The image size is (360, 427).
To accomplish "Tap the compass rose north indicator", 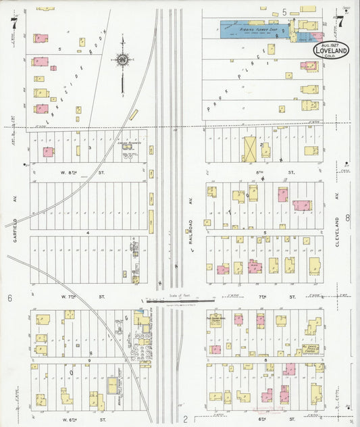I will [x=122, y=61].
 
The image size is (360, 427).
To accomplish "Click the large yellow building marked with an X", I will [x=251, y=149].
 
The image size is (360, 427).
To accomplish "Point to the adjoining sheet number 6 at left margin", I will [x=10, y=298].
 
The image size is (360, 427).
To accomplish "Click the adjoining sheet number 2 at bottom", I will [x=184, y=419].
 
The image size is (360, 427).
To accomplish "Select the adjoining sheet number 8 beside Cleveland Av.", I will [x=347, y=218].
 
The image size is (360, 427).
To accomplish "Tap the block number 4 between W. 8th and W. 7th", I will [x=88, y=232].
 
